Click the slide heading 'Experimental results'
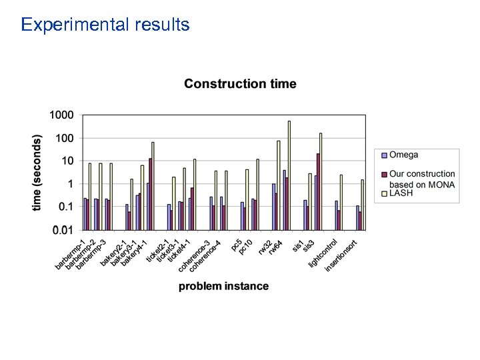pos(105,25)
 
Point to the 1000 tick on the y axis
pos(61,115)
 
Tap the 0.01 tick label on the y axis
pos(63,230)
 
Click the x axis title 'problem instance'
pos(223,286)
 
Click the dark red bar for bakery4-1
pos(150,193)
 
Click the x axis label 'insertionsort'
pos(342,255)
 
